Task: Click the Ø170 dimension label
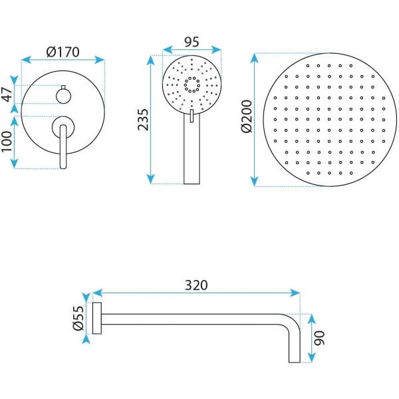63,52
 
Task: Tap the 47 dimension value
7,94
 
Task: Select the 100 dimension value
7,142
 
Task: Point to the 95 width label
192,42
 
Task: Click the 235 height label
143,120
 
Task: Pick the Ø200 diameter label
247,116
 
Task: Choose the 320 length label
196,285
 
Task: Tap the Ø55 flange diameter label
78,318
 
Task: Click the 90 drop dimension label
319,338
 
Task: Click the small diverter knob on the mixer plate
63,96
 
